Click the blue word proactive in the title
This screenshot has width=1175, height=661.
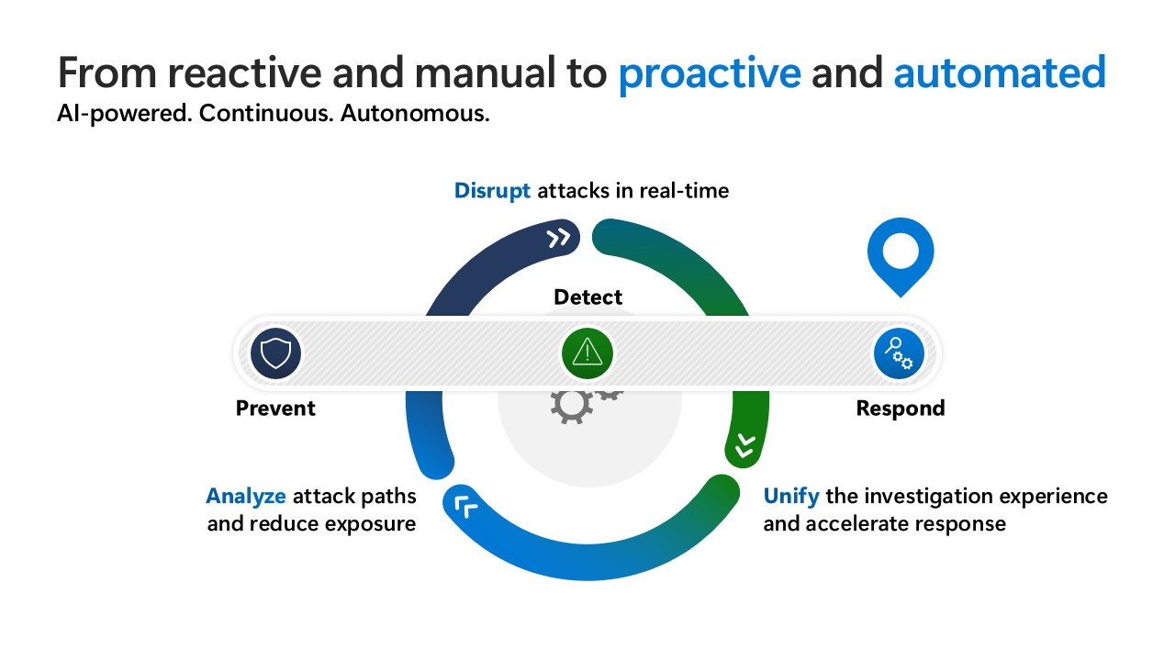(710, 73)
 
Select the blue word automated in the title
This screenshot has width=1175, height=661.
(1000, 73)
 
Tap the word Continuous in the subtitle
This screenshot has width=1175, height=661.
(266, 113)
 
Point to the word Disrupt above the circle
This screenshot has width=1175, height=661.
(492, 191)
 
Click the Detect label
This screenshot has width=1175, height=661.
(588, 297)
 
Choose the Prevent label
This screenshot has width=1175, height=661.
(275, 409)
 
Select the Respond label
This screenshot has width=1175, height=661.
(901, 409)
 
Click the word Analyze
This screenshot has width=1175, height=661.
(245, 497)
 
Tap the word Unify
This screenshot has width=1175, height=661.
(791, 497)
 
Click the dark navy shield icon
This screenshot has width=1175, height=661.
(276, 353)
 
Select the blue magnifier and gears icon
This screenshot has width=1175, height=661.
(899, 353)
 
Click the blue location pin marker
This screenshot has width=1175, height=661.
(901, 257)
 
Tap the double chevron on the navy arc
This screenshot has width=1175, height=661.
(558, 238)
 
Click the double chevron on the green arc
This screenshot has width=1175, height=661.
(745, 445)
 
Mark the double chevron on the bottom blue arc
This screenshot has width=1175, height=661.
(465, 506)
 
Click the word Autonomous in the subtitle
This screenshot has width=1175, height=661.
(415, 113)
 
